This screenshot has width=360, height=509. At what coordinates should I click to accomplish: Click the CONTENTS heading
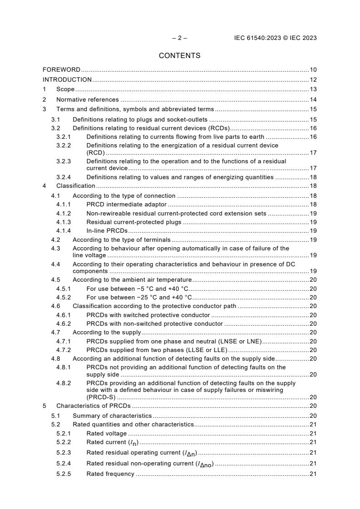pos(180,56)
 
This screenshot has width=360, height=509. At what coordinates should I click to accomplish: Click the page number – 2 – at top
pos(179,38)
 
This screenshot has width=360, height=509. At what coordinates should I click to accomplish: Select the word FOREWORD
pos(61,70)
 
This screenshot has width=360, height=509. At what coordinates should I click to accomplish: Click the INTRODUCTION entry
pos(67,79)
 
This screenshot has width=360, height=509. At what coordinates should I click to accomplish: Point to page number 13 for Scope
pos(313,89)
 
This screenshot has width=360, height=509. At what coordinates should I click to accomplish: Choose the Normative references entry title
pos(87,99)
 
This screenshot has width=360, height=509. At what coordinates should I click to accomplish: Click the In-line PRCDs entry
pos(107,231)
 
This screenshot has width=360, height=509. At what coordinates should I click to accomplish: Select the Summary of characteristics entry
pos(112,416)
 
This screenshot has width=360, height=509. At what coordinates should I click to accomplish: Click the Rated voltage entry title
pos(107,434)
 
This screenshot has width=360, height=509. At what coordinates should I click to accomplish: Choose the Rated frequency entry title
pos(110,474)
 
